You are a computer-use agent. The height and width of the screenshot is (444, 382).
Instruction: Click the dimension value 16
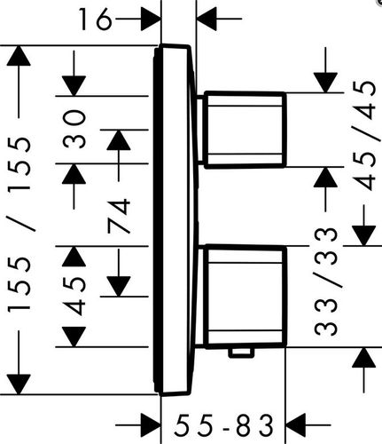[x=96, y=20]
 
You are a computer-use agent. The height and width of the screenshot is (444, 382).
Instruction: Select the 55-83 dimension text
[x=223, y=425]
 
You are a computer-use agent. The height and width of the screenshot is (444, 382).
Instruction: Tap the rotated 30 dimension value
[x=74, y=129]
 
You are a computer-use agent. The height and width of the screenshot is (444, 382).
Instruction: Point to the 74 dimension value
[x=119, y=216]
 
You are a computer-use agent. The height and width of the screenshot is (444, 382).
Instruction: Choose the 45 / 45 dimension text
[x=364, y=136]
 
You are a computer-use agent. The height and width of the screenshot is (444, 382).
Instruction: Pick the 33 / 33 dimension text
[x=325, y=281]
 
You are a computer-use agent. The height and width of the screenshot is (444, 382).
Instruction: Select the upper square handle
[x=246, y=130]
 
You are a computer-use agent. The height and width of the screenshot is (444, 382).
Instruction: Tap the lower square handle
[x=246, y=297]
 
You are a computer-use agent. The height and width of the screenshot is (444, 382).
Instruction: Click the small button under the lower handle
[x=242, y=353]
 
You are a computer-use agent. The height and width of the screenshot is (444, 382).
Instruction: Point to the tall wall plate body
[x=175, y=220]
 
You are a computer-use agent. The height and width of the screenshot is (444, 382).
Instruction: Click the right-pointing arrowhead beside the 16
[x=151, y=19]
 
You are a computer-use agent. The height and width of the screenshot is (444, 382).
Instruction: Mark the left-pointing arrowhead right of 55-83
[x=295, y=425]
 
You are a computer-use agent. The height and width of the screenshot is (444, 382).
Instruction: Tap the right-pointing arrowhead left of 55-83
[x=151, y=425]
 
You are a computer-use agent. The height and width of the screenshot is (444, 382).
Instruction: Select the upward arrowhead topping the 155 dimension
[x=19, y=56]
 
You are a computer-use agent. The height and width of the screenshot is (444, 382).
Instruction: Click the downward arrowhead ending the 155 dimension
[x=19, y=385]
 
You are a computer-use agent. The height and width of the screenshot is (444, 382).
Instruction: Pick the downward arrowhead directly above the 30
[x=74, y=86]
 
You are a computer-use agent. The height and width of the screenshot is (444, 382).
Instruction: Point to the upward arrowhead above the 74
[x=119, y=139]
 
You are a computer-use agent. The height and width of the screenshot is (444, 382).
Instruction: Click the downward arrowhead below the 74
[x=119, y=287]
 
